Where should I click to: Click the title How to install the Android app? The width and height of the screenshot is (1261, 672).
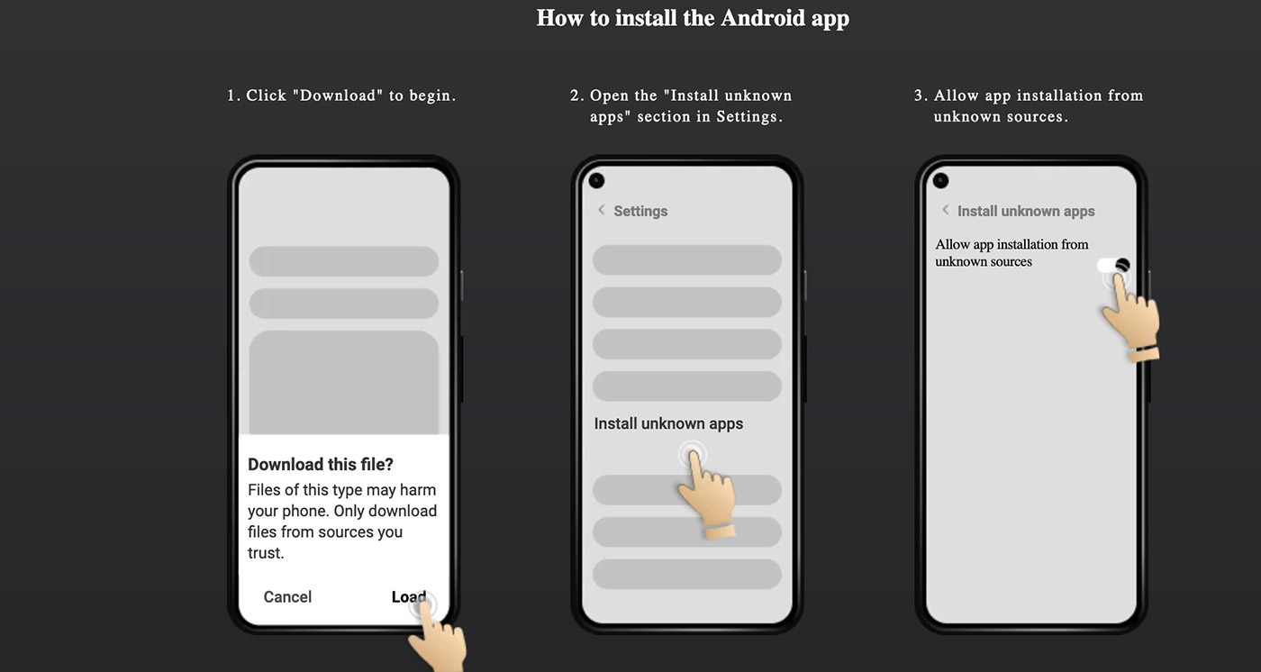pyautogui.click(x=693, y=18)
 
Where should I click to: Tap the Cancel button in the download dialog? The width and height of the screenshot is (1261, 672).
pyautogui.click(x=287, y=596)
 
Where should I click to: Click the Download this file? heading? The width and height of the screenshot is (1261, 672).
pyautogui.click(x=321, y=465)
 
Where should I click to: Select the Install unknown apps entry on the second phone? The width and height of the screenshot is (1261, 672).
pyautogui.click(x=668, y=423)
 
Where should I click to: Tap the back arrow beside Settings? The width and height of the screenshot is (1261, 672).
pyautogui.click(x=601, y=210)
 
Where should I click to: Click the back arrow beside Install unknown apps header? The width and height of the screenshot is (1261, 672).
pyautogui.click(x=945, y=210)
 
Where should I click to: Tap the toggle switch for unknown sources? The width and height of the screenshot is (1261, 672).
pyautogui.click(x=1112, y=266)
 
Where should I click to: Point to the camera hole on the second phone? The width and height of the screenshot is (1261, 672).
pyautogui.click(x=596, y=181)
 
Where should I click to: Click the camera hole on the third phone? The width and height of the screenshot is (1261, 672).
pyautogui.click(x=940, y=181)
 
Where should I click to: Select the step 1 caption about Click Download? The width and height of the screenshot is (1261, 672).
pyautogui.click(x=341, y=95)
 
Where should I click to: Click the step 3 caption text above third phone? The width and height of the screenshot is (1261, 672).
pyautogui.click(x=1029, y=106)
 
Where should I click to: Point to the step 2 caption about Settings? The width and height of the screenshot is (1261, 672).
pyautogui.click(x=682, y=106)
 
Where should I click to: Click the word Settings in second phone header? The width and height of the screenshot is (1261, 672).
pyautogui.click(x=640, y=211)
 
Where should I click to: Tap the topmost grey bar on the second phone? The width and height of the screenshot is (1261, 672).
pyautogui.click(x=686, y=260)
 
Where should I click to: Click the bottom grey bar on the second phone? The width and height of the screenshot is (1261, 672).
pyautogui.click(x=686, y=574)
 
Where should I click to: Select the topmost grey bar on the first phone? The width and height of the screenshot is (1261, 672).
pyautogui.click(x=343, y=261)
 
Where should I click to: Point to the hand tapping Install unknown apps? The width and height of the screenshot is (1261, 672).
pyautogui.click(x=707, y=491)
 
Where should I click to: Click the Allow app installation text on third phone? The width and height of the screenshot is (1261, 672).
pyautogui.click(x=1011, y=252)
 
